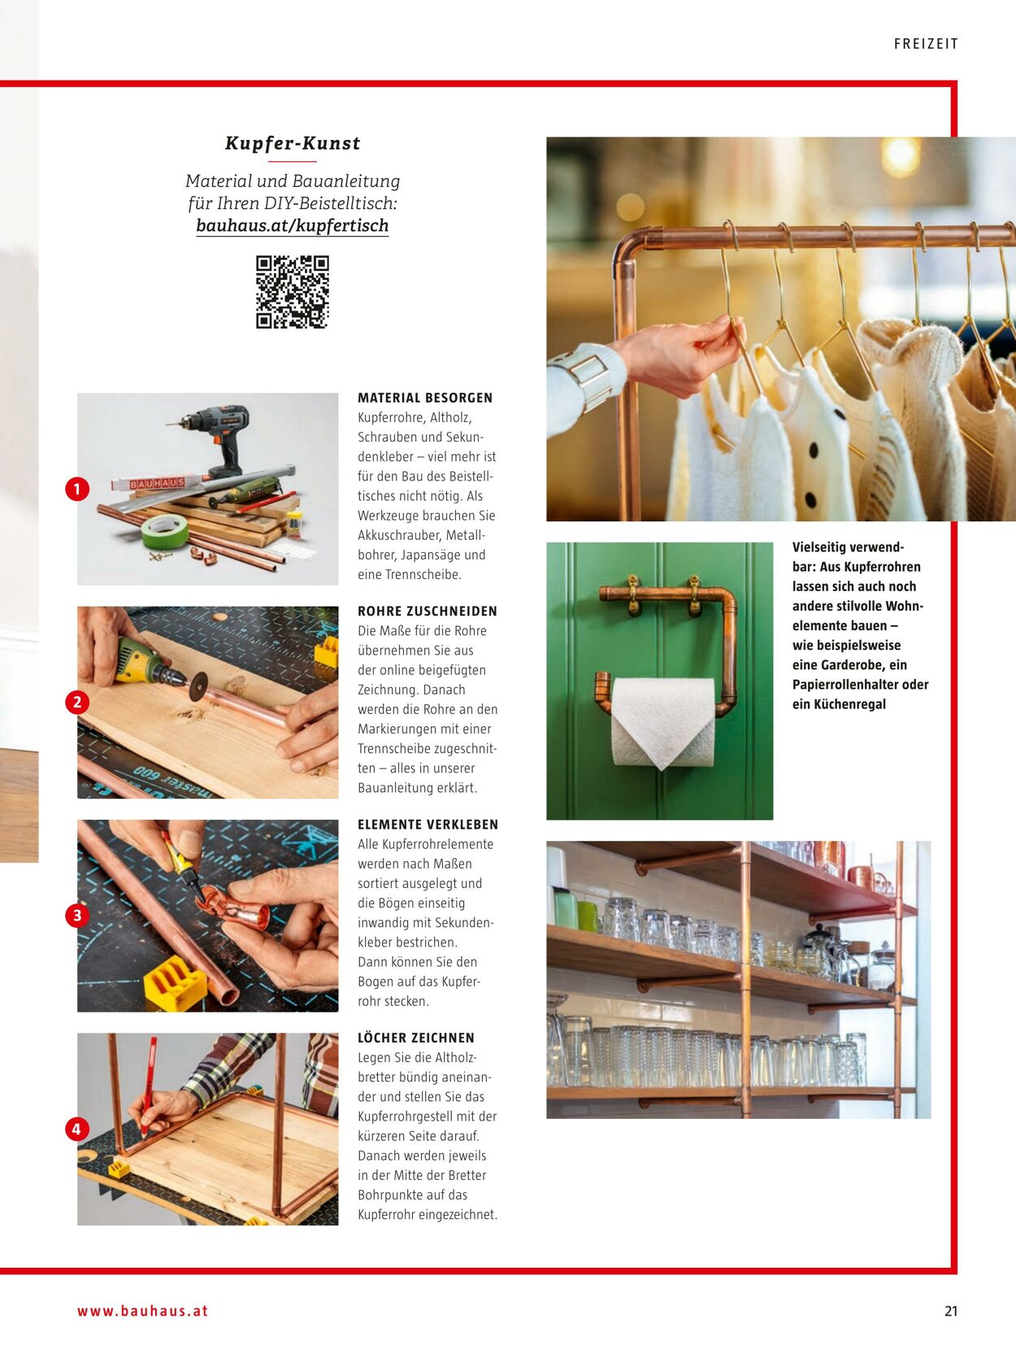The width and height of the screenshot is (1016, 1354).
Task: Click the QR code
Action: tap(293, 292)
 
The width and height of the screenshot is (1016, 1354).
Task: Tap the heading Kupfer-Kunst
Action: tap(293, 143)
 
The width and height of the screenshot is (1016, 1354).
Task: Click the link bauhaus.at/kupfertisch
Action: tap(293, 226)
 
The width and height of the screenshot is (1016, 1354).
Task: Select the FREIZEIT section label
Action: tap(926, 44)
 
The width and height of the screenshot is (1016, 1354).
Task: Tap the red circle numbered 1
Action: tap(77, 490)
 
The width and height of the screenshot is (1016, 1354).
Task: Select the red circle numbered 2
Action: tap(77, 702)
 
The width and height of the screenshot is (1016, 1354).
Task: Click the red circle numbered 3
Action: tap(77, 916)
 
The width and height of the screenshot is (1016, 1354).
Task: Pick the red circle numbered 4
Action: tap(77, 1129)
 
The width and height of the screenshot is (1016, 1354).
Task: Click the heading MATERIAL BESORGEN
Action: tap(425, 398)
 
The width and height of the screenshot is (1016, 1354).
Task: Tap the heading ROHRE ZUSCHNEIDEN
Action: tap(428, 612)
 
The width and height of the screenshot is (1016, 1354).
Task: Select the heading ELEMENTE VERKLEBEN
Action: tap(428, 825)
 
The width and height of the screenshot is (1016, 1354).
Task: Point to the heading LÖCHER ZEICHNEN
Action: tap(416, 1038)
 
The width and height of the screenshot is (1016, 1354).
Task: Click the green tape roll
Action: tap(165, 531)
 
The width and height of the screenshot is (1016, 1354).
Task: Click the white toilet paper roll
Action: tap(662, 723)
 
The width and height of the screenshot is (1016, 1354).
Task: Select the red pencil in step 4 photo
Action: tap(147, 1088)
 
